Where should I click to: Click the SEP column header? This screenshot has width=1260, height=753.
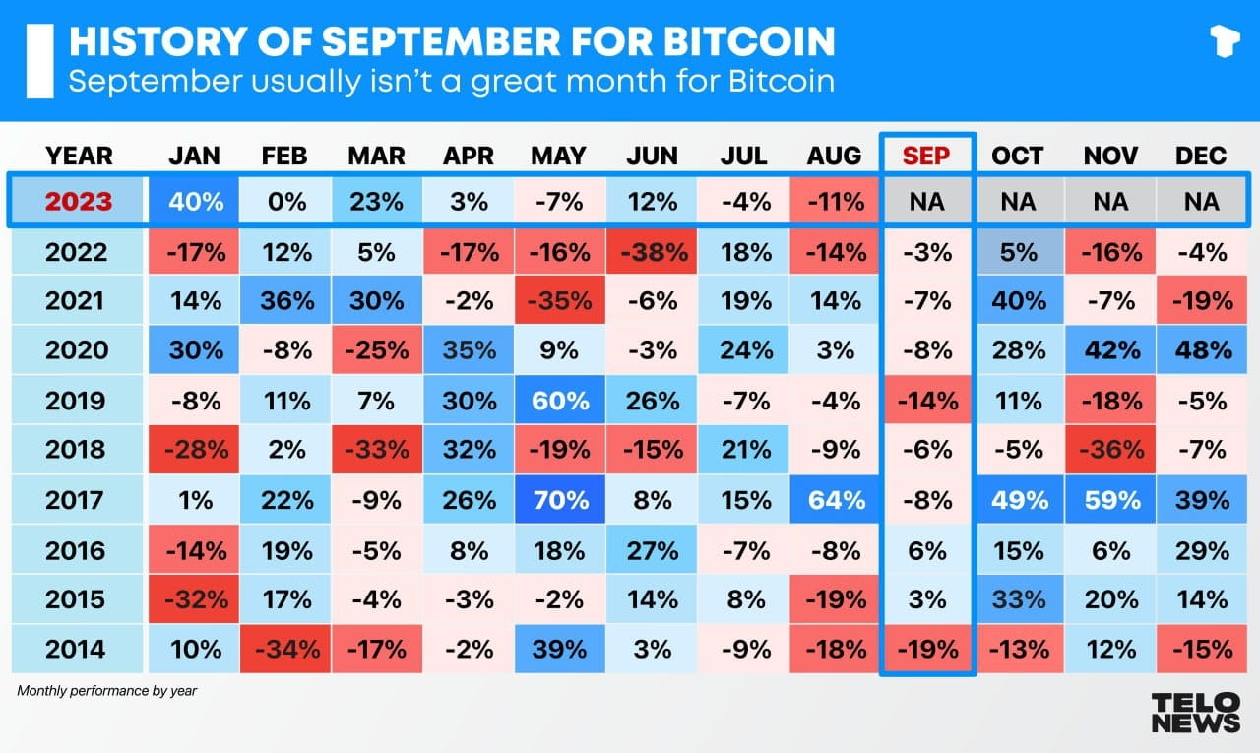pyautogui.click(x=926, y=156)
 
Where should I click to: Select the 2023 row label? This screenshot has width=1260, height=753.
pyautogui.click(x=79, y=202)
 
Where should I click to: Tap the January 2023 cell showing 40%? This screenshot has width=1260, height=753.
pyautogui.click(x=195, y=202)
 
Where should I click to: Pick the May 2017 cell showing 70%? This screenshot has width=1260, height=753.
pyautogui.click(x=559, y=500)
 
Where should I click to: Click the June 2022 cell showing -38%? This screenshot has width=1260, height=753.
pyautogui.click(x=652, y=252)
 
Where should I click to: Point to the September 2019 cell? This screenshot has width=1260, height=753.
pyautogui.click(x=926, y=401)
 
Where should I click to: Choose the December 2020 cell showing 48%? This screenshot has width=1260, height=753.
pyautogui.click(x=1201, y=351)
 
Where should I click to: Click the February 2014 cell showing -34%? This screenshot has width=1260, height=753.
pyautogui.click(x=285, y=649)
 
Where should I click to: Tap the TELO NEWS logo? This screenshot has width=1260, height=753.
pyautogui.click(x=1195, y=711)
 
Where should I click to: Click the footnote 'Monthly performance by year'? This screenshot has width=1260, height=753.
pyautogui.click(x=106, y=691)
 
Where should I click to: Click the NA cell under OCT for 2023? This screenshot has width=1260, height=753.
pyautogui.click(x=1018, y=202)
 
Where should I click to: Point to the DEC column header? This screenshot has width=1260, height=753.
pyautogui.click(x=1201, y=156)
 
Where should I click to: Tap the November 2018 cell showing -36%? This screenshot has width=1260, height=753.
pyautogui.click(x=1110, y=450)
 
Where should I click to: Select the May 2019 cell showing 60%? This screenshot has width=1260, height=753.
pyautogui.click(x=559, y=401)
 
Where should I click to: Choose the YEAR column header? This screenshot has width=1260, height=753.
pyautogui.click(x=79, y=156)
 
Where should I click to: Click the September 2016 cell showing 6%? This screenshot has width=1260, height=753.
pyautogui.click(x=926, y=549)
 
